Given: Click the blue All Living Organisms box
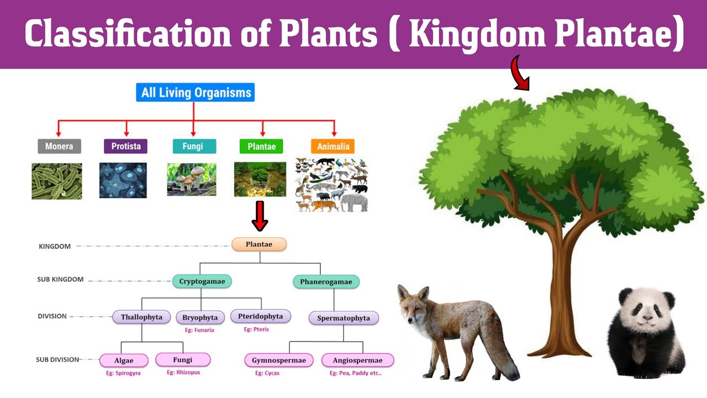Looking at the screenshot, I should click(x=196, y=92).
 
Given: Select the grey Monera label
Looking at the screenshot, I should click(x=59, y=146).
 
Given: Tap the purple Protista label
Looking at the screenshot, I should click(x=125, y=146).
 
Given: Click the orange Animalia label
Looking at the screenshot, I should click(x=333, y=146).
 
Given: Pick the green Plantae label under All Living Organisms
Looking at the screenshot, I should click(x=261, y=146).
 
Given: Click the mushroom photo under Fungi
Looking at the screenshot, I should click(x=191, y=180).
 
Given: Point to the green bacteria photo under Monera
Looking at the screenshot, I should click(x=56, y=181).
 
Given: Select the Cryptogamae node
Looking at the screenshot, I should click(x=202, y=281).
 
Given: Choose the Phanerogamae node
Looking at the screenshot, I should click(x=326, y=282).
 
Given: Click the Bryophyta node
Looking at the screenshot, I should click(x=200, y=318).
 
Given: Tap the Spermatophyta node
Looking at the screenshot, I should click(x=343, y=318).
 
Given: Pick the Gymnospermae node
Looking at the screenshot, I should click(x=278, y=360).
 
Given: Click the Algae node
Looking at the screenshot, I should click(x=124, y=360).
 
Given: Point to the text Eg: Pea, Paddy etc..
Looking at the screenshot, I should click(x=355, y=373).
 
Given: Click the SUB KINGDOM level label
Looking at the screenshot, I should click(x=60, y=280).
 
